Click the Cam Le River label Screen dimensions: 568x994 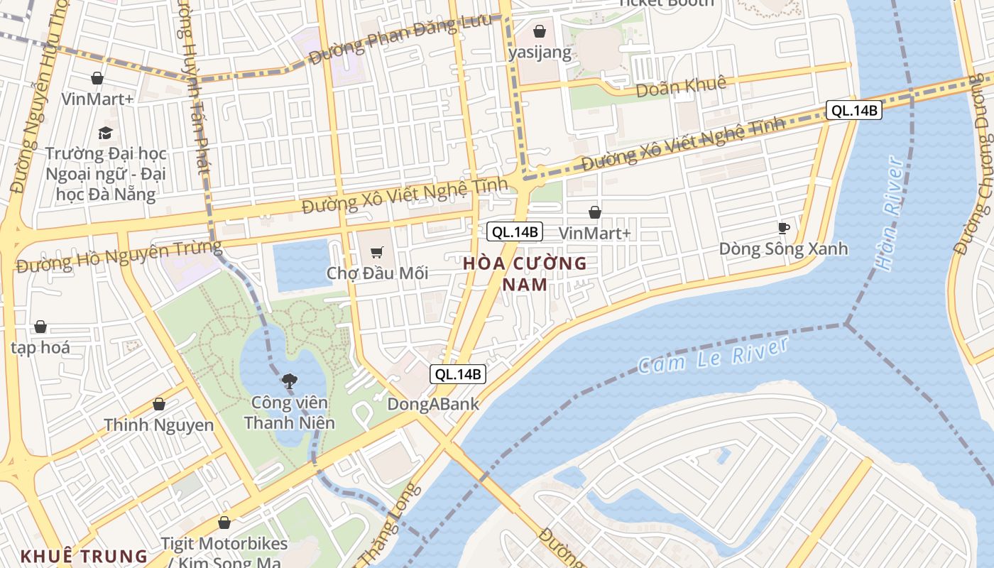[713, 356]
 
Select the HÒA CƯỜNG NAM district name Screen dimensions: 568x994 [525, 274]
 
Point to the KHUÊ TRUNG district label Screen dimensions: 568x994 [84, 556]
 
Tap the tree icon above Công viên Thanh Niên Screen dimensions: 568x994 [289, 382]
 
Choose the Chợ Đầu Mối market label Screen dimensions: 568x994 [377, 273]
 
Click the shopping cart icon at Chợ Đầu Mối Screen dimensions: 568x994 [377, 252]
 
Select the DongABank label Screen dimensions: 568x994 [433, 405]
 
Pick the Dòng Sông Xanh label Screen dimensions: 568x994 [783, 248]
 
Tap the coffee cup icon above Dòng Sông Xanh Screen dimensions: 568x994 [783, 228]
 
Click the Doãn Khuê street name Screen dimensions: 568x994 [681, 86]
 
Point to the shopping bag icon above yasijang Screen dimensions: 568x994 [540, 31]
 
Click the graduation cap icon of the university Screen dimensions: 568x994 [105, 133]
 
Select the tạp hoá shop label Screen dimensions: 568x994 [40, 347]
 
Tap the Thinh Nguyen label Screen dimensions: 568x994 [159, 425]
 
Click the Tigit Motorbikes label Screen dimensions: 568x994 [224, 544]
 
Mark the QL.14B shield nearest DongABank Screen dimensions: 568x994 [459, 374]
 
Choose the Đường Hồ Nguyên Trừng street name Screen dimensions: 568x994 [119, 258]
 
